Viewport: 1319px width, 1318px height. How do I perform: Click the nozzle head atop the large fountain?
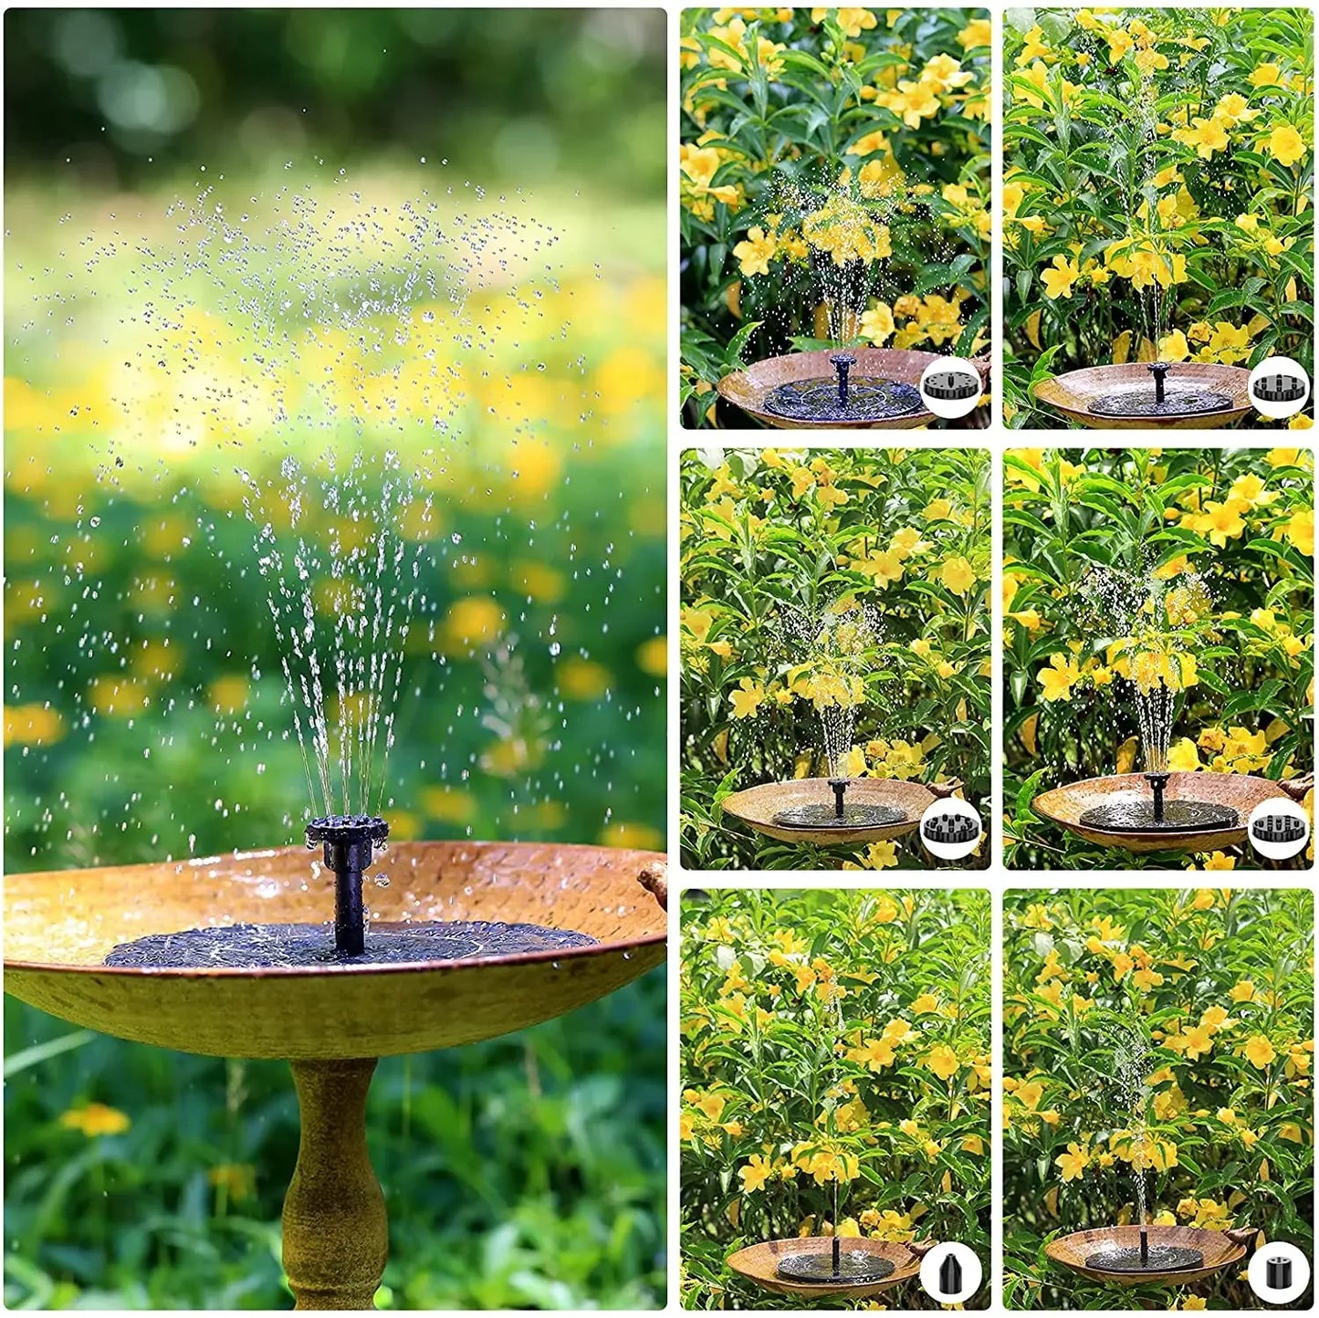[x=347, y=832]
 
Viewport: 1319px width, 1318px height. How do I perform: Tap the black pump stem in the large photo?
[x=348, y=904]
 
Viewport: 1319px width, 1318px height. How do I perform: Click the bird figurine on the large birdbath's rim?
[x=654, y=882]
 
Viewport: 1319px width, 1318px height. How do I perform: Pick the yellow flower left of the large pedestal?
[x=96, y=1119]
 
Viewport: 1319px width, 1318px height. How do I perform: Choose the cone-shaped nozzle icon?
[x=951, y=1271]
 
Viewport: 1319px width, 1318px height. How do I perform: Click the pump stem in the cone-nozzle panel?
[x=834, y=1256]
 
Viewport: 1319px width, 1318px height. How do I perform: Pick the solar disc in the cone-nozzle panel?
[x=834, y=1268]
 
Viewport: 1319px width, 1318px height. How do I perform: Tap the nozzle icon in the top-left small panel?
[x=951, y=387]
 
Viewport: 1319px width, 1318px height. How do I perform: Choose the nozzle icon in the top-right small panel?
[x=1277, y=387]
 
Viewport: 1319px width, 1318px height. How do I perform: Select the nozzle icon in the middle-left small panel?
[x=951, y=828]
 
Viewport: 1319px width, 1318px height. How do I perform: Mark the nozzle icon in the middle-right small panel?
[x=1277, y=828]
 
